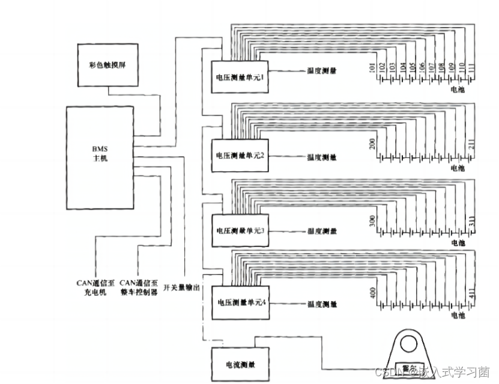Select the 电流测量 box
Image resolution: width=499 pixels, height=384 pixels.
pyautogui.click(x=239, y=364)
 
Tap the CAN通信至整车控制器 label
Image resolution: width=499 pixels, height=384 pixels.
pyautogui.click(x=139, y=287)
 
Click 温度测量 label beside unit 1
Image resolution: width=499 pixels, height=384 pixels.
pyautogui.click(x=322, y=71)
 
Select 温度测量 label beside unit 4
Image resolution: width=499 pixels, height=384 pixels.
pyautogui.click(x=322, y=304)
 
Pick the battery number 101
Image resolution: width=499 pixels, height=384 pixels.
pyautogui.click(x=372, y=68)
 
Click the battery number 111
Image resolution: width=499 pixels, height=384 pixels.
pyautogui.click(x=471, y=68)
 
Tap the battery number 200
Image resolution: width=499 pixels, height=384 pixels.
pyautogui.click(x=372, y=144)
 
